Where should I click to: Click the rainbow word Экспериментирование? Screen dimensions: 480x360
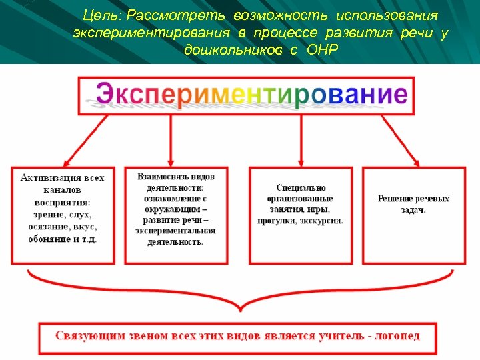(x=252, y=94)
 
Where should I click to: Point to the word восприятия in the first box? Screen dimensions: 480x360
(x=62, y=203)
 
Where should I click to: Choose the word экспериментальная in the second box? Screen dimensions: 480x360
(x=175, y=231)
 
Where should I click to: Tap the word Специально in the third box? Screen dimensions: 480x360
(x=301, y=188)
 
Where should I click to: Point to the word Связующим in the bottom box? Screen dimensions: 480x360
(x=89, y=335)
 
